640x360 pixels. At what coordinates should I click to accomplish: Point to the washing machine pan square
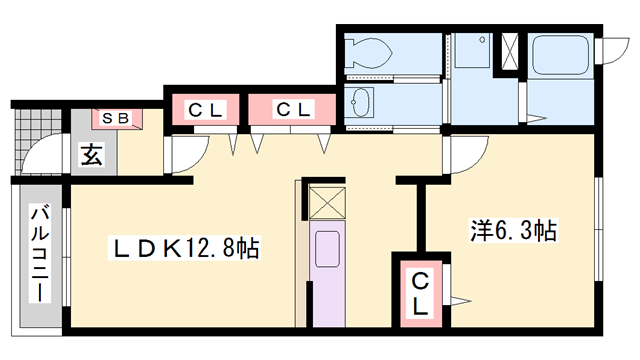tap(470, 52)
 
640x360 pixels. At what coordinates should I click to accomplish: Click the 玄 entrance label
tap(92, 155)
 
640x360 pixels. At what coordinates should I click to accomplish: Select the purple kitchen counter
tap(327, 275)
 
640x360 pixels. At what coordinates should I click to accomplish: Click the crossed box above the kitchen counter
tap(326, 203)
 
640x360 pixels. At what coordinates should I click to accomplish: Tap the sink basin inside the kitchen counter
tap(327, 251)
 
